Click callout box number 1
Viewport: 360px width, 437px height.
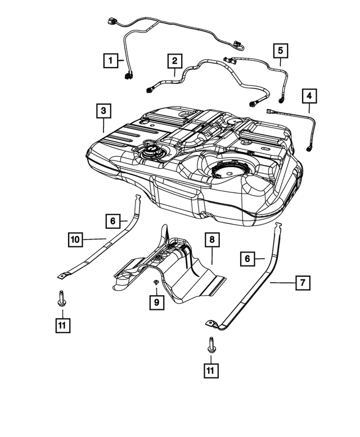tap(111, 59)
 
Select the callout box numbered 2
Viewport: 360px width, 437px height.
tap(174, 60)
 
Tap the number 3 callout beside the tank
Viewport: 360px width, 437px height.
tap(102, 111)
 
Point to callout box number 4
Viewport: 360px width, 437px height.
tap(309, 96)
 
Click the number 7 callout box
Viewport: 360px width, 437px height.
tap(302, 282)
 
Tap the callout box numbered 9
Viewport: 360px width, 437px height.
tap(156, 303)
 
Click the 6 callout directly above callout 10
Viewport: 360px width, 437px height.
tap(112, 221)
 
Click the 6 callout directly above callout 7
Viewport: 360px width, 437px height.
tap(246, 259)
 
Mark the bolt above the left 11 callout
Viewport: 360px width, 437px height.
tap(60, 298)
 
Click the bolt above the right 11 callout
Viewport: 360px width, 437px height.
tap(211, 344)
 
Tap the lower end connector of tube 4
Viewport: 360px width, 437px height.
tap(309, 148)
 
